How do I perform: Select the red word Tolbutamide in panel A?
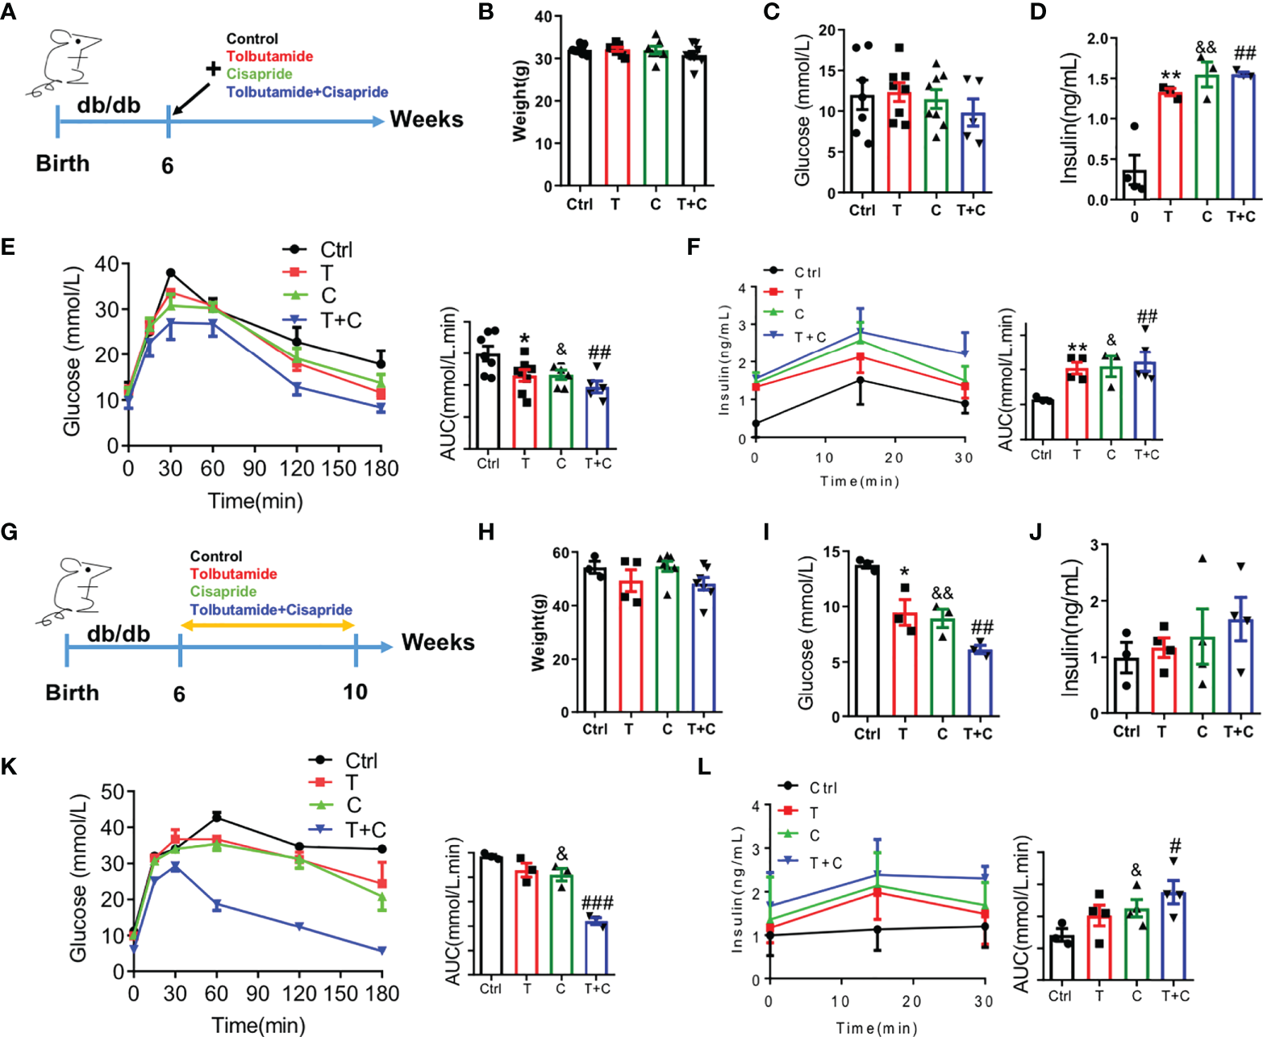click(269, 56)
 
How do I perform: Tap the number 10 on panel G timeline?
click(355, 692)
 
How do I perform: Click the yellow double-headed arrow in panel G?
click(267, 625)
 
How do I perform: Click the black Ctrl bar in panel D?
click(1135, 184)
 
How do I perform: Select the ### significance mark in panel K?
click(597, 903)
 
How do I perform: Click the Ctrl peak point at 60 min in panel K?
click(216, 817)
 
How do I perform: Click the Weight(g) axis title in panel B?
click(519, 100)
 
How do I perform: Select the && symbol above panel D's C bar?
click(1206, 48)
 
